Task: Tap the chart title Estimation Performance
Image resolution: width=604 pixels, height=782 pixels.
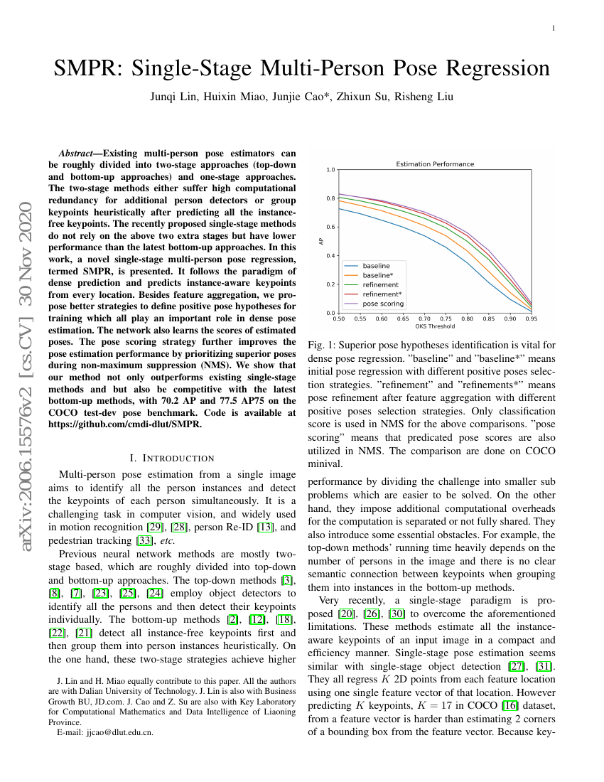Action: coord(434,164)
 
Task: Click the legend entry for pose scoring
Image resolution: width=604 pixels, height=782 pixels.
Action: coord(382,304)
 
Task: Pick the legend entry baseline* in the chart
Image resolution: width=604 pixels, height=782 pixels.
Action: coord(377,275)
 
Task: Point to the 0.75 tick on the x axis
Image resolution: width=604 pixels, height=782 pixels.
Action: coord(446,319)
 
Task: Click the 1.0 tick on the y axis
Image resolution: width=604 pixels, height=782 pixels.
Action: coord(330,170)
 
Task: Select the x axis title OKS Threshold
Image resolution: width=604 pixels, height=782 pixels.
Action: coord(434,326)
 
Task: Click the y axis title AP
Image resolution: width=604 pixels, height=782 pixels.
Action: coord(321,242)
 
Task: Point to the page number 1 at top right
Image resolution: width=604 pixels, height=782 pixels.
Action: coord(553,28)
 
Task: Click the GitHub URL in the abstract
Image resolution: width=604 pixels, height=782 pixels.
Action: coord(124,424)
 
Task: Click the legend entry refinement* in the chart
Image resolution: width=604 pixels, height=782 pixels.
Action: coord(382,294)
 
